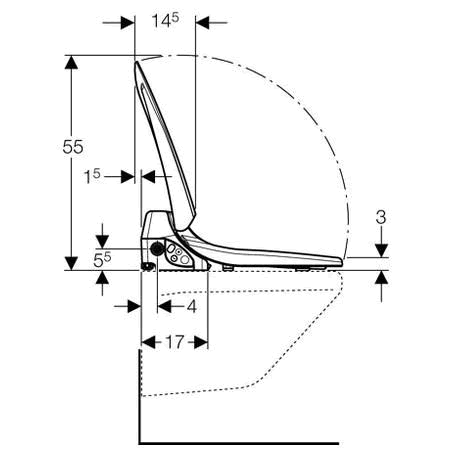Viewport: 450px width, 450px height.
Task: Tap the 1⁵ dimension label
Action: point(92,176)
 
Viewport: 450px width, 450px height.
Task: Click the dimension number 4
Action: point(190,305)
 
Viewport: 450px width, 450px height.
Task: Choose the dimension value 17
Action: point(173,342)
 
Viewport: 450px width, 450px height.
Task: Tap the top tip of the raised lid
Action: point(137,66)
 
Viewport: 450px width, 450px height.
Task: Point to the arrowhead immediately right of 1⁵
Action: point(148,176)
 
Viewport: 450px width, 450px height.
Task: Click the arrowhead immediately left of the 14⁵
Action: point(128,19)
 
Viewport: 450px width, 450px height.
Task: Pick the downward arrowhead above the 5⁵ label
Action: point(101,240)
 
